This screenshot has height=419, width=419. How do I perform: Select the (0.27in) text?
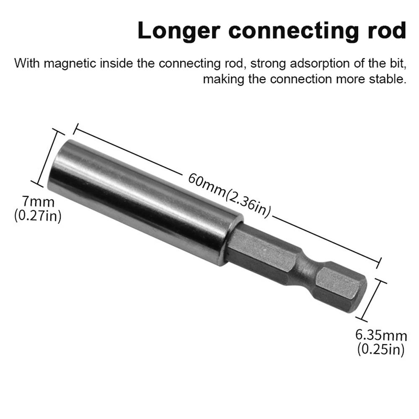pos(38,217)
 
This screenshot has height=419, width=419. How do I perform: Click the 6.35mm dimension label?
pos(381,335)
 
